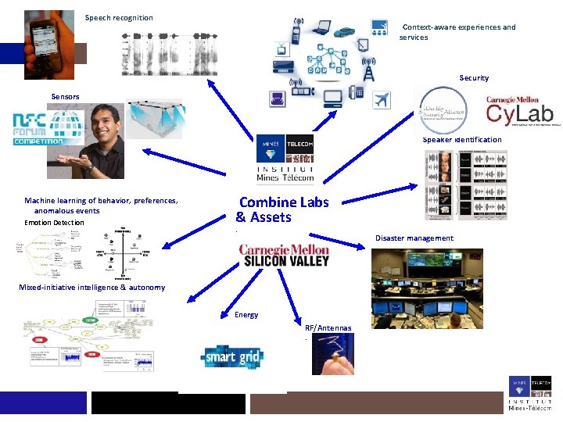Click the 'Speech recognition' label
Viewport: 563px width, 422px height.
tap(119, 17)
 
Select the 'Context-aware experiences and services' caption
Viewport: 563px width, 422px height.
tap(457, 32)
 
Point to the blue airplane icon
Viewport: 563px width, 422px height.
tap(381, 100)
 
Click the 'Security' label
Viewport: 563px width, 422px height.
tap(474, 78)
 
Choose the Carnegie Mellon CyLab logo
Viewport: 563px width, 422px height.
tap(519, 111)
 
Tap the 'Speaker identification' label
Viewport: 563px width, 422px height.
tap(462, 140)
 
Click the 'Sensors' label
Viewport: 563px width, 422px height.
tap(65, 96)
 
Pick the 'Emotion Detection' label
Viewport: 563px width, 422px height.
tap(54, 223)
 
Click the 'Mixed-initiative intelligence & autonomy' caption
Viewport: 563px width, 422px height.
tap(92, 288)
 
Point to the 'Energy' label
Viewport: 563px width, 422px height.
tap(246, 315)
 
